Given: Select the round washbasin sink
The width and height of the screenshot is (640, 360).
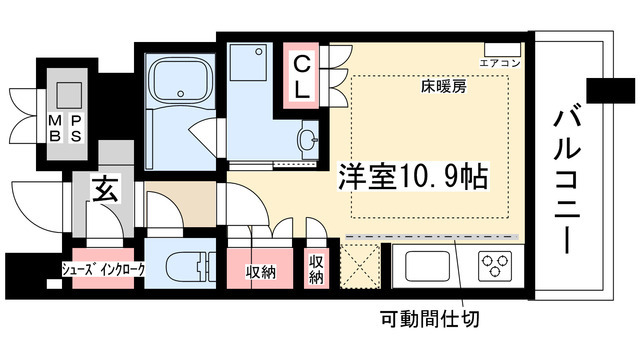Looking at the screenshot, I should (307, 137).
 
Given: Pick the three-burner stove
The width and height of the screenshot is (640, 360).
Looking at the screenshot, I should (493, 266).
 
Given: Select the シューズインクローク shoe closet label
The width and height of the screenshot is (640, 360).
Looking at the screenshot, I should (103, 269).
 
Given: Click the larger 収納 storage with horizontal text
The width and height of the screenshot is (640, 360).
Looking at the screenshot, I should (261, 271).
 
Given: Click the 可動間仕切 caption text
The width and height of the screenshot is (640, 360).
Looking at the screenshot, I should (431, 321).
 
